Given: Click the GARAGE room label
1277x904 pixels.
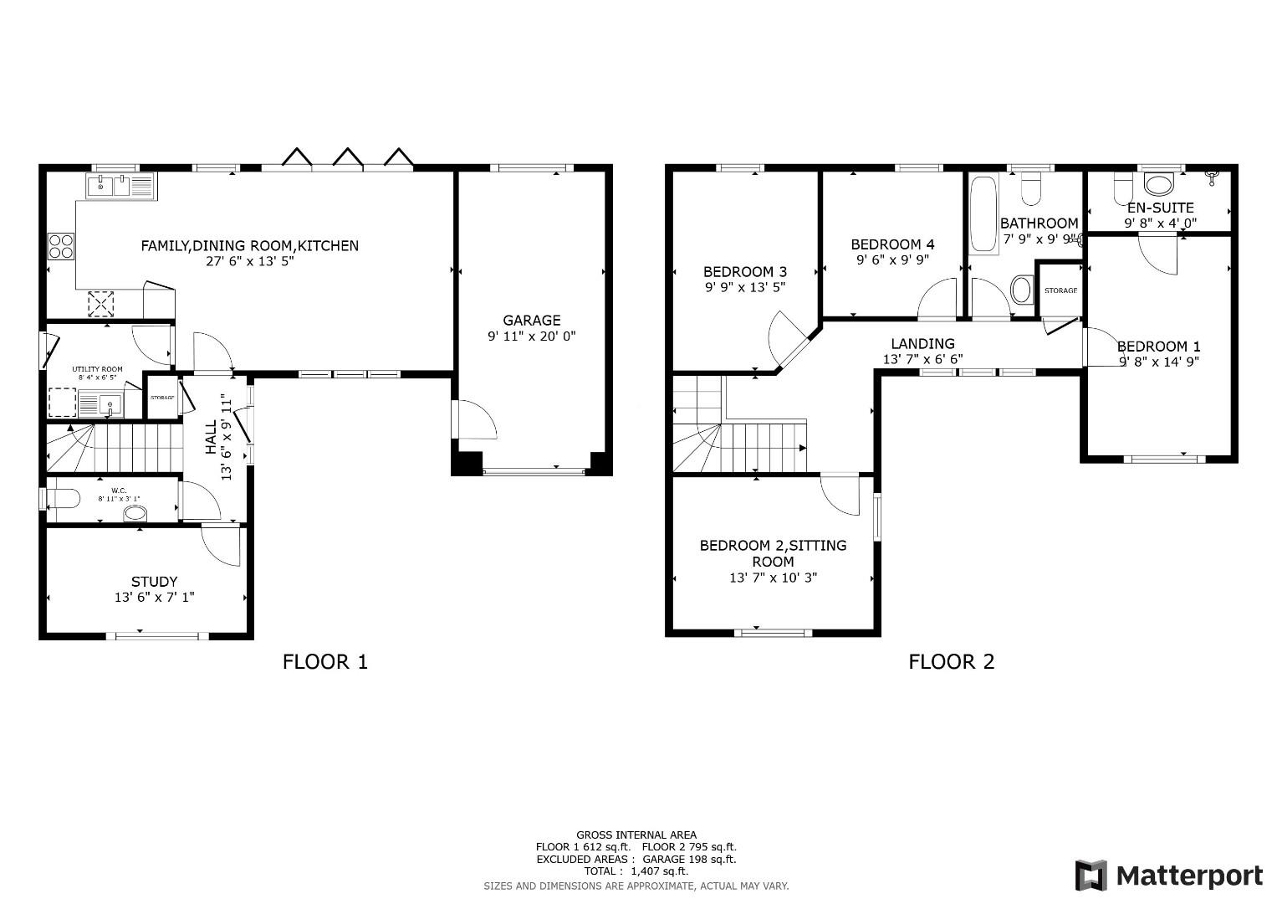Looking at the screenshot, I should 531,320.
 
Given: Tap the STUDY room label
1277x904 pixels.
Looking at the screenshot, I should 154,582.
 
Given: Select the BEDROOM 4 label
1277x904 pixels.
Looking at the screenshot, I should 892,244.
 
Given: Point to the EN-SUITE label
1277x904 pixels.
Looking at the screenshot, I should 1160,208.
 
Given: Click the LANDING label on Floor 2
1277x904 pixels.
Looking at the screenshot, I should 922,343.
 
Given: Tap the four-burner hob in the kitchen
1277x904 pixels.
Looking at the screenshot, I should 60,246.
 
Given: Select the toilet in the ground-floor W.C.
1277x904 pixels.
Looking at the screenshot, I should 63,499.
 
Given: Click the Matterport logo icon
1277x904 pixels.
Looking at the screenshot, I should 1091,876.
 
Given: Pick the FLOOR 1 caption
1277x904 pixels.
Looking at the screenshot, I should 324,662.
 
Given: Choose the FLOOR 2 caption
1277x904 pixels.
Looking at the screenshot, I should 951,662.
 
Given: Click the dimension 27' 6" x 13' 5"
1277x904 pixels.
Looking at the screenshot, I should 249,261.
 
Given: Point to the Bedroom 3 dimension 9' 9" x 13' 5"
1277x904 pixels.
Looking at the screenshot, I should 744,287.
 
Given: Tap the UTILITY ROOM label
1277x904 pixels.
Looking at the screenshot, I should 97,369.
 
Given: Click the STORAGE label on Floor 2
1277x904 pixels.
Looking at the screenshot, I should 1060,290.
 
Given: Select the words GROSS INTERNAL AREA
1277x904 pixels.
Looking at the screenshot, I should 636,835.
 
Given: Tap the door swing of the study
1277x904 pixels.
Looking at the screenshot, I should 222,545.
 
